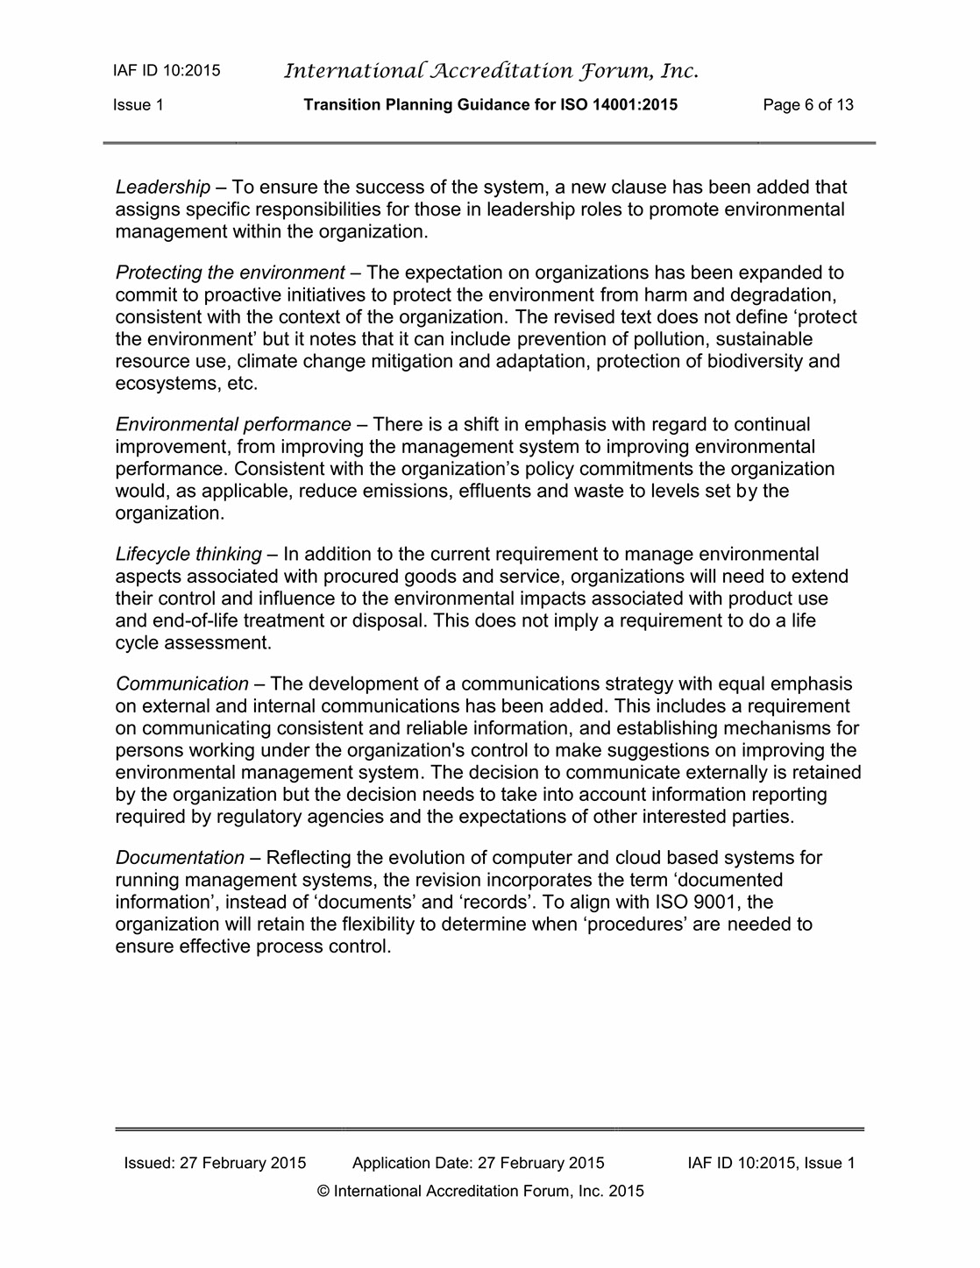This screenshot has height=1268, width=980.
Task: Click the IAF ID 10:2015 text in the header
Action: [x=167, y=71]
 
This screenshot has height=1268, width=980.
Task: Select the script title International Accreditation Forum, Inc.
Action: [x=491, y=71]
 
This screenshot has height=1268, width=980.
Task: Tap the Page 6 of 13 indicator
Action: [x=808, y=106]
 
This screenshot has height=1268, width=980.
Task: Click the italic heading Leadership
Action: [x=163, y=188]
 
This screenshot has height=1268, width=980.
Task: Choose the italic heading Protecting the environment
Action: [x=230, y=273]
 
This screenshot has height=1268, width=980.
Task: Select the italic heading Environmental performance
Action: [x=233, y=425]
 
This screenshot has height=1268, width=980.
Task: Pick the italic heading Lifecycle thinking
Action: [x=188, y=555]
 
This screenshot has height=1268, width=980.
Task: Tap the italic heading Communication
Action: [x=182, y=684]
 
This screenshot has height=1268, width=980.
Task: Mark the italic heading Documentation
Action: [x=180, y=858]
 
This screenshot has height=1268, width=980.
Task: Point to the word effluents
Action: [x=496, y=492]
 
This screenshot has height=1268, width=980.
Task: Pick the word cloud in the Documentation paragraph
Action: [x=638, y=858]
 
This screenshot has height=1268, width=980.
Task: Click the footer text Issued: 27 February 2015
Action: [x=215, y=1164]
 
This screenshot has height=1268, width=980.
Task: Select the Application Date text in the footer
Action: [x=478, y=1164]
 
